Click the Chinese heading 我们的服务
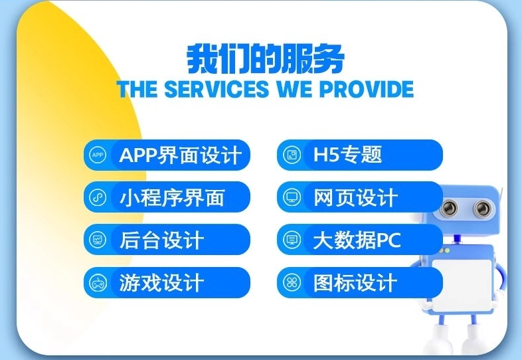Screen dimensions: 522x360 266,59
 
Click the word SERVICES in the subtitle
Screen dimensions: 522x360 217,89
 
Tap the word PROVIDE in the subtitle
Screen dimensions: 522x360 367,89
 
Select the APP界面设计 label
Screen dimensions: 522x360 180,155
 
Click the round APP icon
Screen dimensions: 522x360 98,155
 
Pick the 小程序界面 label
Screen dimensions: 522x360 172,197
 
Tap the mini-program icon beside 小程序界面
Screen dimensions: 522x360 98,197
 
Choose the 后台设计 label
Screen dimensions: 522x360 161,240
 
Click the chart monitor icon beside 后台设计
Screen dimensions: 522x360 98,239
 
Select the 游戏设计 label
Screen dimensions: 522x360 161,282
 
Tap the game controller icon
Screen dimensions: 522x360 98,282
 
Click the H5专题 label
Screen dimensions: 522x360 347,155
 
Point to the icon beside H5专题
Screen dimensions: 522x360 292,155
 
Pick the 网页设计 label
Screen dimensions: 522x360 355,197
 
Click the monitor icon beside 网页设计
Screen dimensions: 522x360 292,197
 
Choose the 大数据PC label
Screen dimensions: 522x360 357,240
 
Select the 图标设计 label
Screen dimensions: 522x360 355,282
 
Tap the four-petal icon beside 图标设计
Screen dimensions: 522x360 292,282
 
